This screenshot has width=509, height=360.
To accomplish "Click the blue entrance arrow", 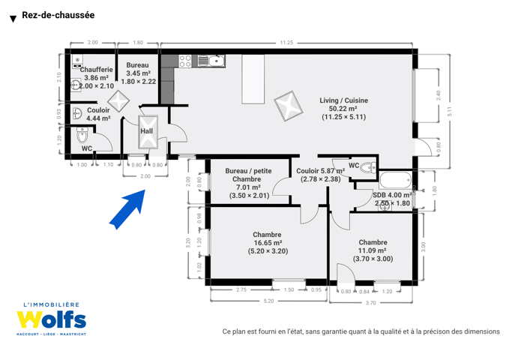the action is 128,208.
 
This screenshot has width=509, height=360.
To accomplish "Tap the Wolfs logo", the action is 52,319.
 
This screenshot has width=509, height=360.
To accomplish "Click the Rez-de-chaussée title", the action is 58,15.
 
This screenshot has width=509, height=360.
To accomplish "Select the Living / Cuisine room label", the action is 344,100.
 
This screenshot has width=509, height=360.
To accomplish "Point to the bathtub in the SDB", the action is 396,180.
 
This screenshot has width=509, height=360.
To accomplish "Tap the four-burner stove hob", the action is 185,61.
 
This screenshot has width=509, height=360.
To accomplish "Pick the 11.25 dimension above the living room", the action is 286,43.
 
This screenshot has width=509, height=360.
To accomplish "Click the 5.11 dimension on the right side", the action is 450,112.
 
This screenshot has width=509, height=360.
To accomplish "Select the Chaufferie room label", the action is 97,70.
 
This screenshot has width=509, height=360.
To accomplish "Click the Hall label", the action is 147,131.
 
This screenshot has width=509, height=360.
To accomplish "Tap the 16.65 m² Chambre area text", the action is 268,243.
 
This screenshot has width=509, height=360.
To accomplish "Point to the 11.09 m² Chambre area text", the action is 372,250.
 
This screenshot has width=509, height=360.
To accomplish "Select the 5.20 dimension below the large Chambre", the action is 268,301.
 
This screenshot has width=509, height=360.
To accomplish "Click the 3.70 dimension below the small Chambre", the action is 371,303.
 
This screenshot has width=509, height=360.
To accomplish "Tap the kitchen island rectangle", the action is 253,79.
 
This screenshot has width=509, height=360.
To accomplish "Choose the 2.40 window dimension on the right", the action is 439,95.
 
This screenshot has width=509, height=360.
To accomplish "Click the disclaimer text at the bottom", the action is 361,331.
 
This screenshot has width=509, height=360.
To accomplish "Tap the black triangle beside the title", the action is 13,19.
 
